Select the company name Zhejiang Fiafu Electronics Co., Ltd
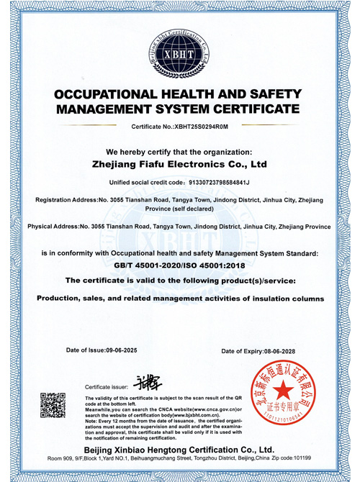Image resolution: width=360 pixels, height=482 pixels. (180, 165)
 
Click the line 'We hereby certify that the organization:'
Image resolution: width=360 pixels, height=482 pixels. (180, 152)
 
